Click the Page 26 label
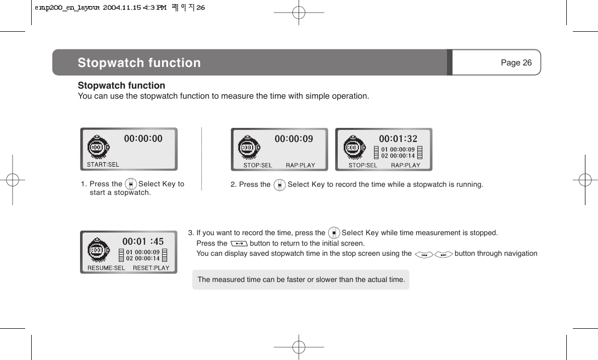click(516, 62)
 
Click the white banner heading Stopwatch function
click(139, 63)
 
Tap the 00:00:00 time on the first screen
click(143, 138)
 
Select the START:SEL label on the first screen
click(103, 164)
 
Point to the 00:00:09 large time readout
click(293, 138)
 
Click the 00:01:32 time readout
click(398, 138)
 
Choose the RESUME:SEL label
click(106, 268)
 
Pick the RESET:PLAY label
click(151, 268)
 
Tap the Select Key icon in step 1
click(130, 184)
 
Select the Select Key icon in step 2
click(279, 185)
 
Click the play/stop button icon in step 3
click(239, 244)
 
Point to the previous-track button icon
click(424, 254)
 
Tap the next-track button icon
click(443, 254)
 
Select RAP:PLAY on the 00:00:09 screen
click(301, 165)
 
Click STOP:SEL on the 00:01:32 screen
click(363, 165)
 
